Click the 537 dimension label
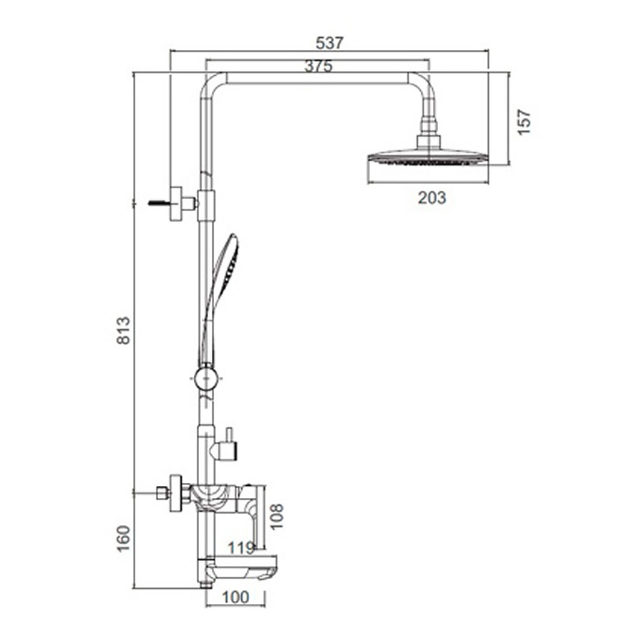[x=329, y=43]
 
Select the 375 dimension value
[x=318, y=66]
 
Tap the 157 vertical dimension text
[x=524, y=122]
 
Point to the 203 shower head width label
[x=431, y=198]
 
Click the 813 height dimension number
[x=124, y=331]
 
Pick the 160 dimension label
[x=124, y=539]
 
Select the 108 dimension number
[x=277, y=517]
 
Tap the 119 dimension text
[x=241, y=548]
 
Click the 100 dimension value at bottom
[x=235, y=597]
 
